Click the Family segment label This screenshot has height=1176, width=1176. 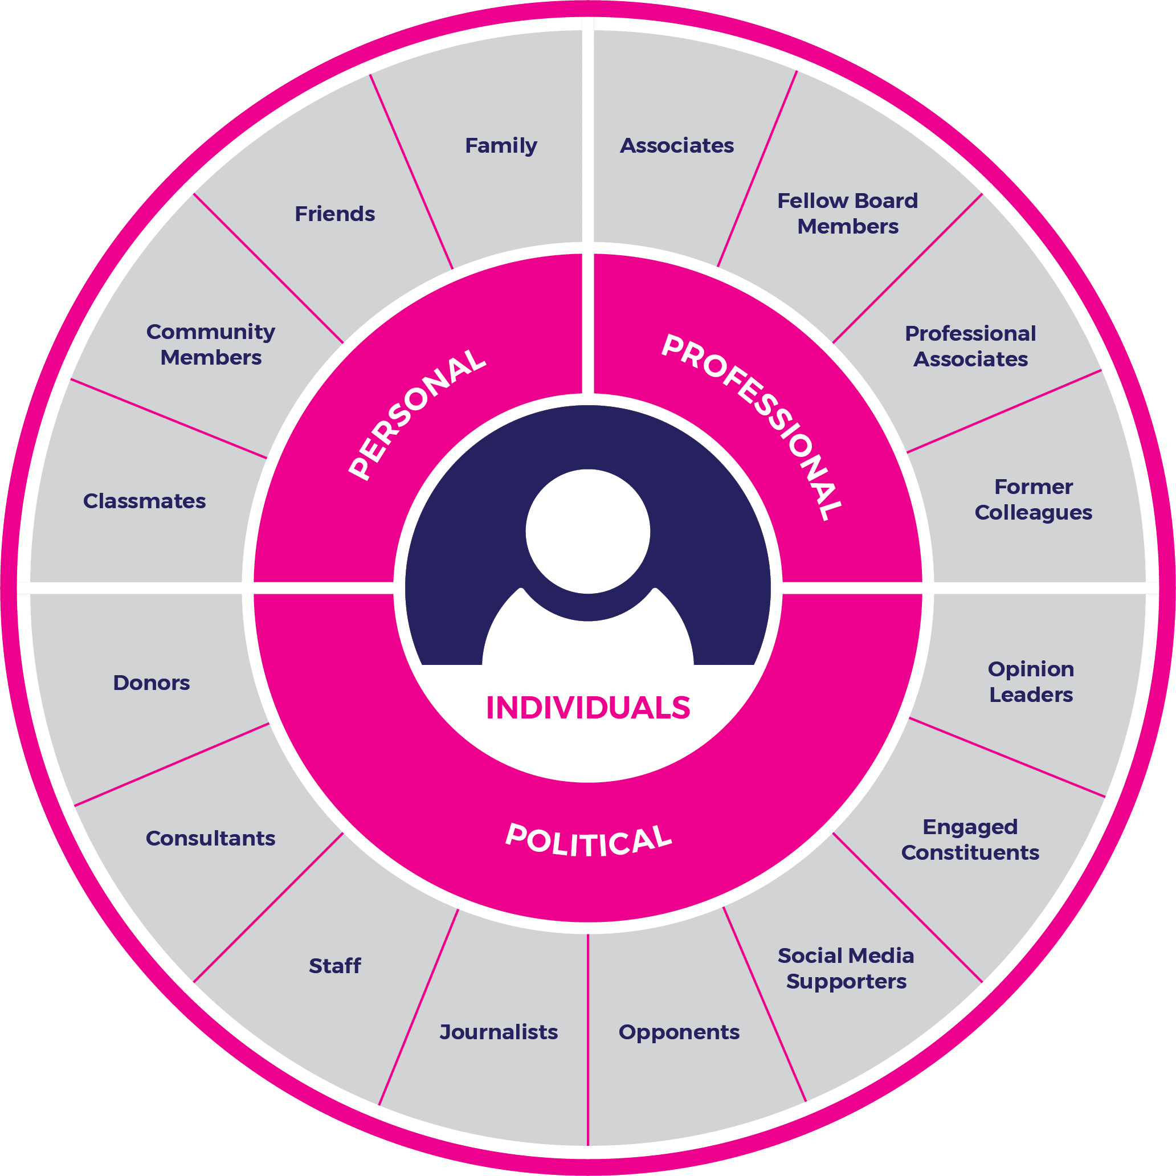(501, 146)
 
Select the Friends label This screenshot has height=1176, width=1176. (335, 214)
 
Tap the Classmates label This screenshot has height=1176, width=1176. (144, 501)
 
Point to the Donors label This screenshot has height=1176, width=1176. (152, 683)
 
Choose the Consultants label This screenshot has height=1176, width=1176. (211, 838)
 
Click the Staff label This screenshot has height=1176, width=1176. (335, 965)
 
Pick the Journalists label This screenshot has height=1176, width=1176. (499, 1032)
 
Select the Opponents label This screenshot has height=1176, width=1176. (679, 1032)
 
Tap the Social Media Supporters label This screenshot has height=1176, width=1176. (846, 969)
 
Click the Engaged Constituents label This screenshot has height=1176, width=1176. (970, 839)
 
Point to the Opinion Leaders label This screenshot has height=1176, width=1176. (1031, 682)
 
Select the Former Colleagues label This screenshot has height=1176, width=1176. (1033, 500)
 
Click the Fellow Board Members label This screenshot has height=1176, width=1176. (847, 214)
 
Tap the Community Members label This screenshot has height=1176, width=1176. (211, 345)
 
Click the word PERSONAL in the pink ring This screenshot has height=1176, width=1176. (418, 414)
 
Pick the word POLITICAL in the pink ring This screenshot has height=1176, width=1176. (588, 840)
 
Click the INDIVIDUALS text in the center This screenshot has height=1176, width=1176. (588, 707)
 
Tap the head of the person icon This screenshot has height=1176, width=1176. (588, 531)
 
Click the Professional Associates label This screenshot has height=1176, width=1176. (970, 346)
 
